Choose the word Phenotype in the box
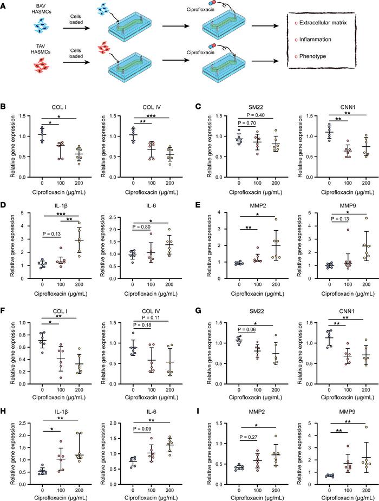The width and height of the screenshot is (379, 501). point(310,57)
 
